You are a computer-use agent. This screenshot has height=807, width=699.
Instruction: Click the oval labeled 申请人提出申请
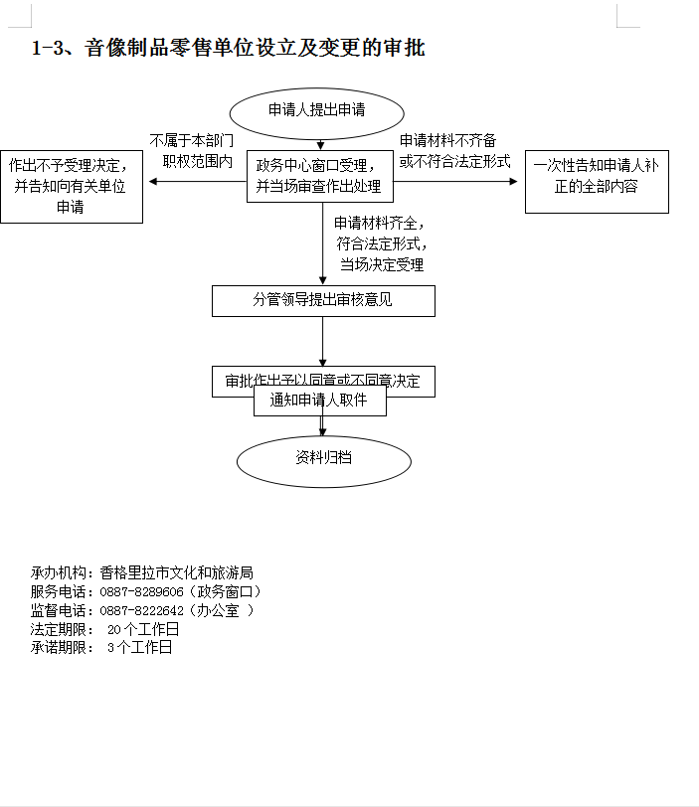(317, 110)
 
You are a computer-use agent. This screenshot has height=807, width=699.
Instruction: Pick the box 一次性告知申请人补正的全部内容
(596, 176)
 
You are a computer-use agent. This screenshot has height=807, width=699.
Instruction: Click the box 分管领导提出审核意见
(323, 300)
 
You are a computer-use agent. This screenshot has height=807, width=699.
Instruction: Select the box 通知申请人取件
(319, 400)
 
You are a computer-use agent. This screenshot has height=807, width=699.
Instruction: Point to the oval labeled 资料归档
(323, 458)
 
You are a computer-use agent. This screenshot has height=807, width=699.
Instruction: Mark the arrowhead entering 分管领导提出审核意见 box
(323, 280)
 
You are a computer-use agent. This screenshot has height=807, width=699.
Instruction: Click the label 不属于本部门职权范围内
(192, 149)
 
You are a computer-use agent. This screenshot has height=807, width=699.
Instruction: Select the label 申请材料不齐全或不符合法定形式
(454, 150)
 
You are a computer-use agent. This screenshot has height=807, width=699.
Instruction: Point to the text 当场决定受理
(382, 264)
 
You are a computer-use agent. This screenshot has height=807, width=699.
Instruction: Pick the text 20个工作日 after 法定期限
(143, 629)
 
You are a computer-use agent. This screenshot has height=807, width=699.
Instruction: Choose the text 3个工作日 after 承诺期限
(139, 647)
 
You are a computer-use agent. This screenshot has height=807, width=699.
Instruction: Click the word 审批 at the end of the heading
(407, 48)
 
